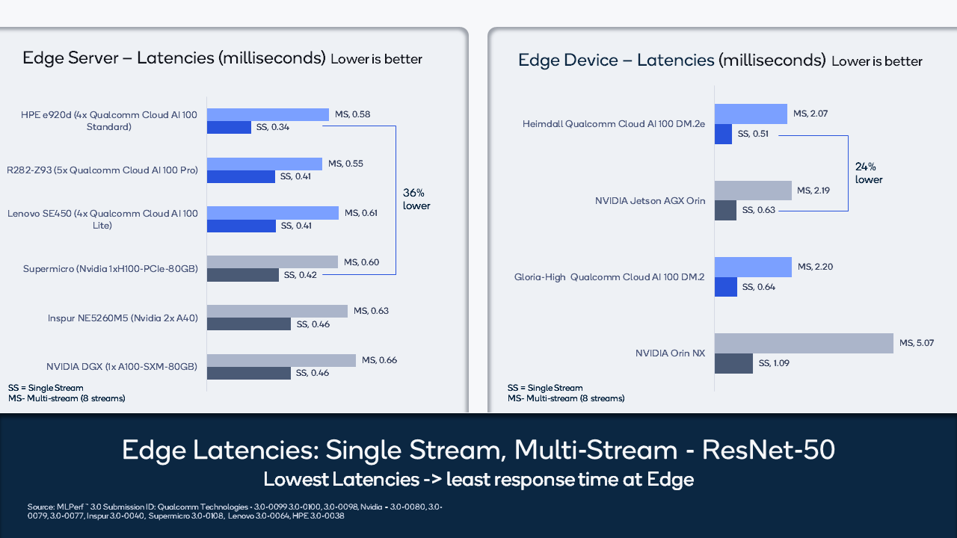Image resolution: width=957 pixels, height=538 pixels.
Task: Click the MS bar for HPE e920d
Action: pyautogui.click(x=268, y=114)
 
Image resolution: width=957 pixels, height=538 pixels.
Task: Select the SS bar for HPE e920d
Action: pyautogui.click(x=229, y=128)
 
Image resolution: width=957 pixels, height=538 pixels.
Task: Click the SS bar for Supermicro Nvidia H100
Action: pyautogui.click(x=243, y=275)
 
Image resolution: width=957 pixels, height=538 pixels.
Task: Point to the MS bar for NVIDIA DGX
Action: pyautogui.click(x=281, y=360)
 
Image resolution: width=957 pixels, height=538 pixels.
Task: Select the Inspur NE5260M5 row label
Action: pyautogui.click(x=123, y=318)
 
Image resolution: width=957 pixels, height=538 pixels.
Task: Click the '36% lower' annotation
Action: pyautogui.click(x=416, y=199)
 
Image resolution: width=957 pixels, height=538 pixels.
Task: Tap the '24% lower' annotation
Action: pyautogui.click(x=869, y=173)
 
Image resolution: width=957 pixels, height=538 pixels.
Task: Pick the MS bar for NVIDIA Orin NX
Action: pyautogui.click(x=804, y=343)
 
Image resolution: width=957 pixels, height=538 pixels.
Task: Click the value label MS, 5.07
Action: pyautogui.click(x=917, y=343)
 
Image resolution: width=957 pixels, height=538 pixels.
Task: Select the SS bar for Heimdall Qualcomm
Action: pyautogui.click(x=723, y=134)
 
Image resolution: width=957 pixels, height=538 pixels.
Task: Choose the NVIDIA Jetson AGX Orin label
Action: pyautogui.click(x=650, y=200)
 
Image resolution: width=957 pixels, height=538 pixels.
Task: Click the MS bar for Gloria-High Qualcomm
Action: pyautogui.click(x=753, y=267)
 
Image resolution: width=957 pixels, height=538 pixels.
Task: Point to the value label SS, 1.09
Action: pyautogui.click(x=774, y=363)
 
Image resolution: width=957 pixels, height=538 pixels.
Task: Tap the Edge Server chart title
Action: pyautogui.click(x=173, y=58)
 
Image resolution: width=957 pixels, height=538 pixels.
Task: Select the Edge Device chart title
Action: pyautogui.click(x=671, y=60)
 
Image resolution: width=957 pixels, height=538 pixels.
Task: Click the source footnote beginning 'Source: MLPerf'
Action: pyautogui.click(x=234, y=511)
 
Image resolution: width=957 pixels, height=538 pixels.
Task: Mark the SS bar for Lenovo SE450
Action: pyautogui.click(x=241, y=226)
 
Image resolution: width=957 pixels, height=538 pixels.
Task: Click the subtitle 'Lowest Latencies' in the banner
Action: pyautogui.click(x=478, y=479)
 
